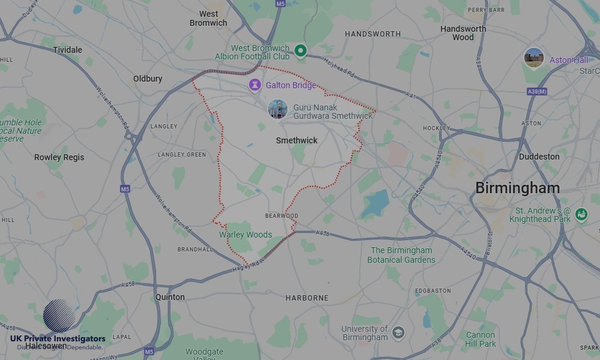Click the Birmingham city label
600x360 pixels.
pyautogui.click(x=517, y=188)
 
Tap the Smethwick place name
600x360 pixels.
pyautogui.click(x=296, y=140)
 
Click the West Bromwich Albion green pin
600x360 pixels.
pyautogui.click(x=301, y=51)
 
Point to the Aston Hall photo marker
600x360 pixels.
pyautogui.click(x=533, y=59)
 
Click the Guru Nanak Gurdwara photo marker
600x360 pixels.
pyautogui.click(x=277, y=109)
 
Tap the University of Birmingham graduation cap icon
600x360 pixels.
pyautogui.click(x=398, y=332)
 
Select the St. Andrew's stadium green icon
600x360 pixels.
pyautogui.click(x=581, y=214)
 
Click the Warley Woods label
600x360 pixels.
pyautogui.click(x=245, y=235)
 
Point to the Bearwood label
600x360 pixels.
pyautogui.click(x=281, y=216)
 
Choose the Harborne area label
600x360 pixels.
pyautogui.click(x=307, y=298)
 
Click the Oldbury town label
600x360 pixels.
pyautogui.click(x=148, y=79)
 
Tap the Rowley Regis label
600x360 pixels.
pyautogui.click(x=59, y=157)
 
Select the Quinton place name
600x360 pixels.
pyautogui.click(x=170, y=297)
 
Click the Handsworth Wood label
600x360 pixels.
pyautogui.click(x=463, y=33)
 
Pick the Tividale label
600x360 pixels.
pyautogui.click(x=67, y=50)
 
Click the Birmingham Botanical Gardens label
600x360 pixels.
pyautogui.click(x=401, y=255)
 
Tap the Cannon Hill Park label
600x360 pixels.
pyautogui.click(x=481, y=340)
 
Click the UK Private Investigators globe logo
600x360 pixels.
pyautogui.click(x=59, y=316)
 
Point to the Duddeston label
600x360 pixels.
pyautogui.click(x=539, y=157)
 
